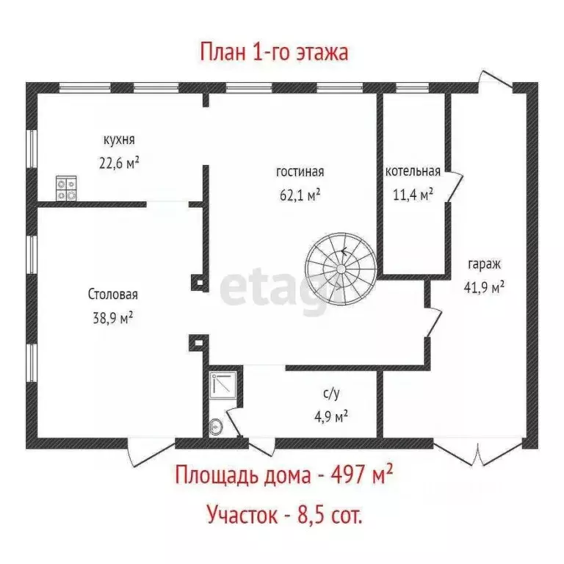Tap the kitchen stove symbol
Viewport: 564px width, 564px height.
66,189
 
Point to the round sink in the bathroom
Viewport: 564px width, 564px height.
216,426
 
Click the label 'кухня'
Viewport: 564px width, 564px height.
118,139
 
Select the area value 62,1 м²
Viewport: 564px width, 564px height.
300,196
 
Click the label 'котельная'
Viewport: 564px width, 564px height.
413,172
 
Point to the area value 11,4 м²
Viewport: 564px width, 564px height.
413,195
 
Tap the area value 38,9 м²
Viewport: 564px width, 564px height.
113,318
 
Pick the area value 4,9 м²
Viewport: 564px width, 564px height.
330,417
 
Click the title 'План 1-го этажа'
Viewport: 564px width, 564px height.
273,53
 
